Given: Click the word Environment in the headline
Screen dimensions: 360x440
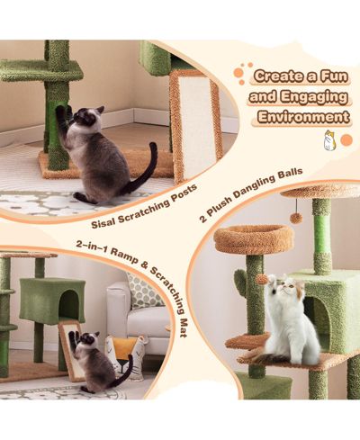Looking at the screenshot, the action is pos(303,117).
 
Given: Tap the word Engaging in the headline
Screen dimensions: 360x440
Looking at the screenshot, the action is pos(314,97).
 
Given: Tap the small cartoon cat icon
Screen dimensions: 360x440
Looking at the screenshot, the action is pos(330,140).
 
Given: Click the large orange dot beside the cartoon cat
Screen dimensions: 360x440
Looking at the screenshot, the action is pos(346,140).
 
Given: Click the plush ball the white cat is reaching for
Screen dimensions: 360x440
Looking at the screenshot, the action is pos(262,280).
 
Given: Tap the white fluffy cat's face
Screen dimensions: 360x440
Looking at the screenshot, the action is pos(283,287).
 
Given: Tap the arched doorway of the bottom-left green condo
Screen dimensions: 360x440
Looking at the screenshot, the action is pos(69,303).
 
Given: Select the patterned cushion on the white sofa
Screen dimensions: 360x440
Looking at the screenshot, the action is pos(142,291).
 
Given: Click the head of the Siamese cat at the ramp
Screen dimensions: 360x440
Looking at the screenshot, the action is pos(89,339).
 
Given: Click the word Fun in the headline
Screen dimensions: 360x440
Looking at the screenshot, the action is pos(334,76).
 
